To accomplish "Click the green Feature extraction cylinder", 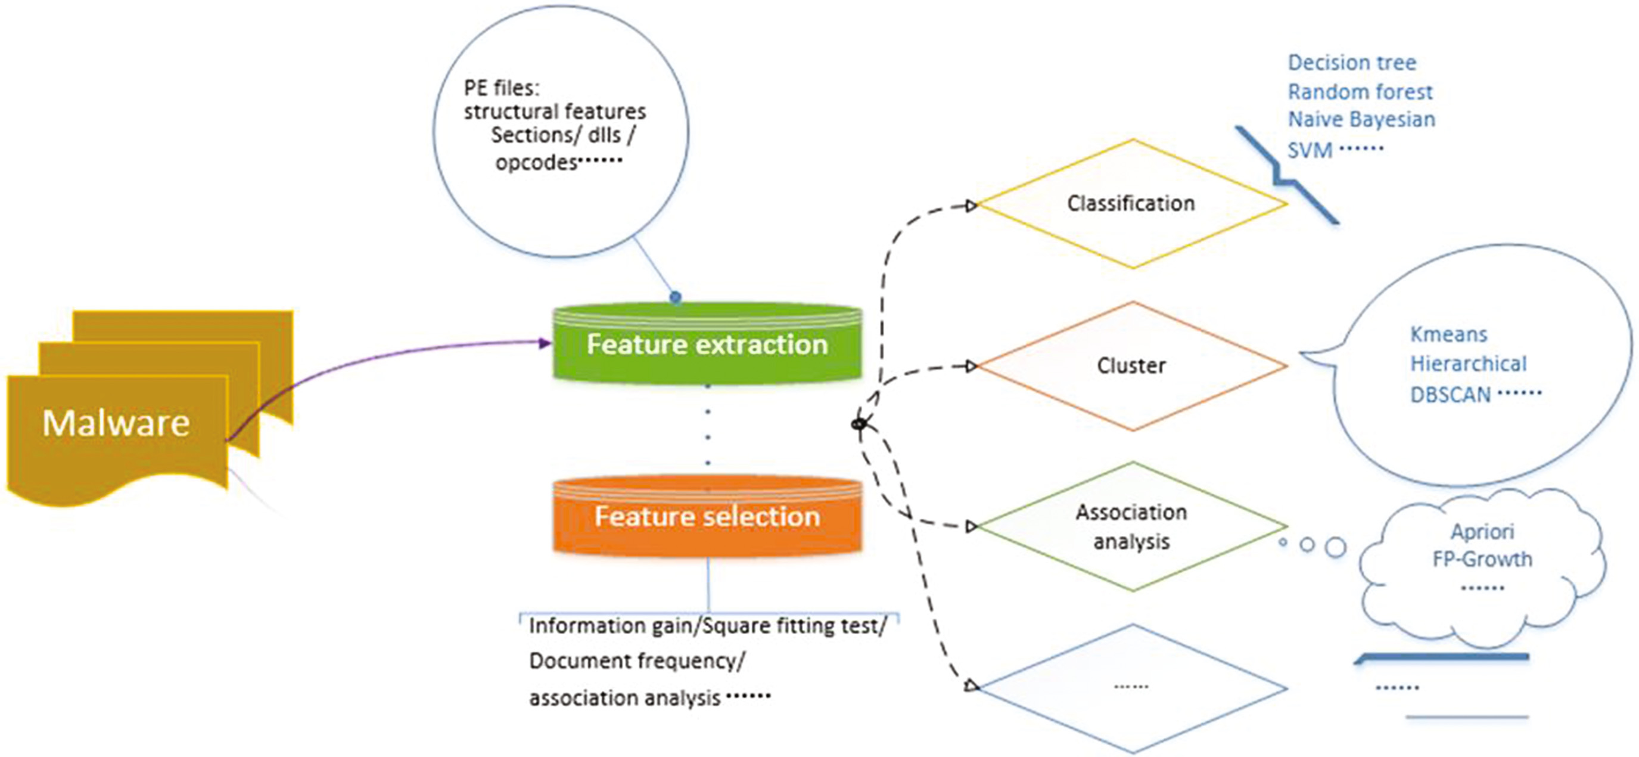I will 707,344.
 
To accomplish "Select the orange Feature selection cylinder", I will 707,516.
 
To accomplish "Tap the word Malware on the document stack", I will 116,423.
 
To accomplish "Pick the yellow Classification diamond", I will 1131,204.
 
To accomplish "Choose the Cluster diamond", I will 1131,365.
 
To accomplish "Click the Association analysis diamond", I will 1131,526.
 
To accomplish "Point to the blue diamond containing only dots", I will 1131,687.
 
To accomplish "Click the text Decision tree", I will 1352,63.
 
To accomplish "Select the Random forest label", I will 1360,92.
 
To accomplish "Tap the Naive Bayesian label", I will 1361,119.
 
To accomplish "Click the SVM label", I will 1310,151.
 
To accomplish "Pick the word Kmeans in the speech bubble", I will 1449,334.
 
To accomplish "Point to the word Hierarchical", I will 1469,364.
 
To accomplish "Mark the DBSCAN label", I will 1451,395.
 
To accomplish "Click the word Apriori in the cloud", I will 1482,532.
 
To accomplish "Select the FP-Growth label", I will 1482,559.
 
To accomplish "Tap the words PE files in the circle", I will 502,87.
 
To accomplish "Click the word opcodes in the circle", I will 536,163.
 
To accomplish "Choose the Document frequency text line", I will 636,661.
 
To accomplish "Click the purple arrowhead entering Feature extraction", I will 545,343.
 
